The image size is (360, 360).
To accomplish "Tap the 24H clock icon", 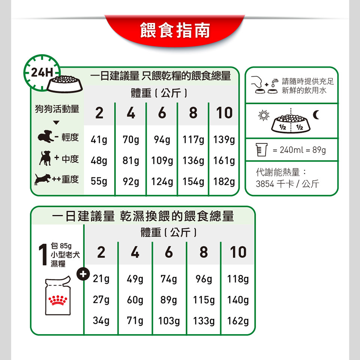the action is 42,72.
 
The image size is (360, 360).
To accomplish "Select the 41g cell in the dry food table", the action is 99,139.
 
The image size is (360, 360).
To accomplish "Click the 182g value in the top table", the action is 224,181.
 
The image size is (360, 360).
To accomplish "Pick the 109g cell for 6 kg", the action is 162,161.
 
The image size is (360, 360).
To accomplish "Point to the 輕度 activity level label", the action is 70,138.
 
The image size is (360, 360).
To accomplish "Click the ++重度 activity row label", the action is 65,179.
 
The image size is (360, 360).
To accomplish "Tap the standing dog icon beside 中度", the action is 45,158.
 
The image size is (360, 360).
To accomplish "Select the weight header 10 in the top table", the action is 224,113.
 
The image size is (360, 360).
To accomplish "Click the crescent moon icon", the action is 316,115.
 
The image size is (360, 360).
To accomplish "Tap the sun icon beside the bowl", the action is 264,115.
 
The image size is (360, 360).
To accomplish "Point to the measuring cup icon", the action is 261,150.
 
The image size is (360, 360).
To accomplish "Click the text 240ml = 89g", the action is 299,150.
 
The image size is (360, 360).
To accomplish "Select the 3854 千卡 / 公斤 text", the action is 288,184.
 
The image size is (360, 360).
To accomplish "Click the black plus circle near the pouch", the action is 83,274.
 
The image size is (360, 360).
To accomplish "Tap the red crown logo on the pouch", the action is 58,300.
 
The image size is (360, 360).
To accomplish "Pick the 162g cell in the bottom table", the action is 238,321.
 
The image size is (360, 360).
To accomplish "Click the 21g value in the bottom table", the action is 101,279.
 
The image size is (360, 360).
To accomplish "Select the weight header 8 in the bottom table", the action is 204,252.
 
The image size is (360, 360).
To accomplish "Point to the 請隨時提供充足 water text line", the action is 308,81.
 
